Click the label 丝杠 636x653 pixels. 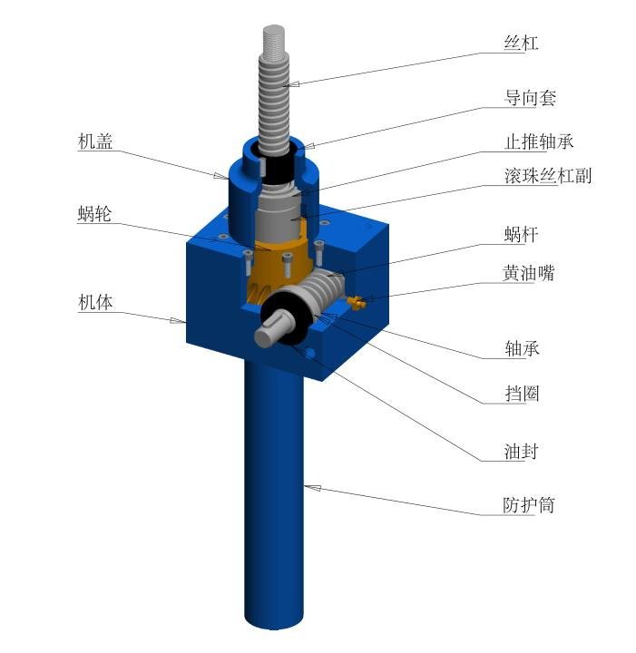tap(521, 43)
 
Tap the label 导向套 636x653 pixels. tap(530, 98)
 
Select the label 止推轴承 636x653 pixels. tap(539, 141)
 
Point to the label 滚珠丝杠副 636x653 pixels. tap(548, 176)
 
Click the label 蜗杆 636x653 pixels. tap(521, 235)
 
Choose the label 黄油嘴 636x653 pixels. tap(529, 273)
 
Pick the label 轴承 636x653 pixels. tap(522, 348)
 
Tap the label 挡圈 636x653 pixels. tap(522, 394)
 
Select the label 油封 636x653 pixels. tap(521, 452)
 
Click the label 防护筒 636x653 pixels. tap(529, 505)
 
